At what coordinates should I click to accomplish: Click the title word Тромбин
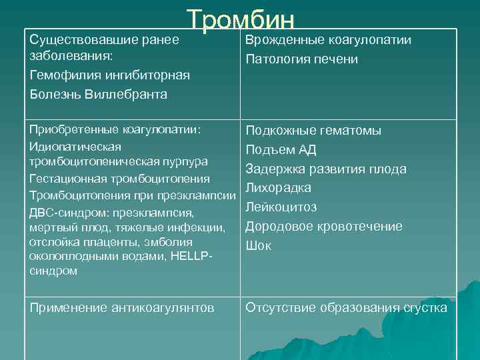click(x=240, y=21)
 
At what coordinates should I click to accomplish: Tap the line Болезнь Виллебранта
click(x=99, y=94)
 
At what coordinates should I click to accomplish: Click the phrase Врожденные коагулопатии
click(x=328, y=40)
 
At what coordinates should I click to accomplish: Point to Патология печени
click(x=302, y=60)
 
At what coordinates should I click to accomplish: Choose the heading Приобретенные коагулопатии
click(x=115, y=129)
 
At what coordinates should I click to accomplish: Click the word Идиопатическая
click(x=75, y=146)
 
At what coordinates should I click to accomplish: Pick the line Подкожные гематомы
click(x=313, y=131)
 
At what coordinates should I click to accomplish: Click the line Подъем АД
click(x=281, y=149)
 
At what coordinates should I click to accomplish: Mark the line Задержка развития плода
click(x=326, y=169)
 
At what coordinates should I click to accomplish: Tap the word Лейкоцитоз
click(x=281, y=207)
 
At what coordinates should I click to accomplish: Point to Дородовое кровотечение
click(x=324, y=226)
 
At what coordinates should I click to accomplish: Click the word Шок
click(x=259, y=245)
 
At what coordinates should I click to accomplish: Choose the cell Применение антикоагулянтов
click(x=122, y=307)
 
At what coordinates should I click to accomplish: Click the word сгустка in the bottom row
click(x=425, y=307)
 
